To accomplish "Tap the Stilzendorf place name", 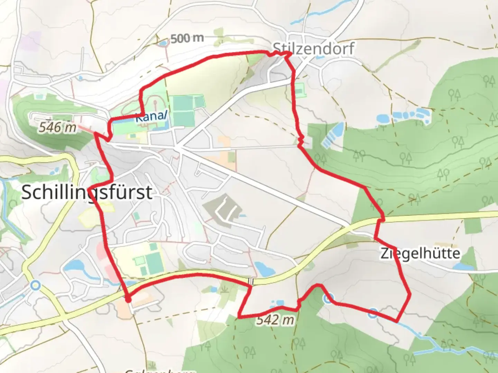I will tap(313, 49).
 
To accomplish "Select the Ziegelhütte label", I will tap(420, 254).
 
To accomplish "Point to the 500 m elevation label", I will tap(187, 38).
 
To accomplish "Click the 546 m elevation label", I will tap(57, 127).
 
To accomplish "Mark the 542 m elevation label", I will tap(275, 320).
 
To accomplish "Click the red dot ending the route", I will tap(128, 300).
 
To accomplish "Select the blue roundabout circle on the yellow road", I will tap(35, 285).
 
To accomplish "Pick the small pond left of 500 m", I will tap(162, 43).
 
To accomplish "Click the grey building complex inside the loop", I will tap(221, 209).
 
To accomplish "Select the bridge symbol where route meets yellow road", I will tap(253, 281).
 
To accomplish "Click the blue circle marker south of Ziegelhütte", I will tap(372, 313).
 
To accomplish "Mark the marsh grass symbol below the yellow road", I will tap(225, 287).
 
